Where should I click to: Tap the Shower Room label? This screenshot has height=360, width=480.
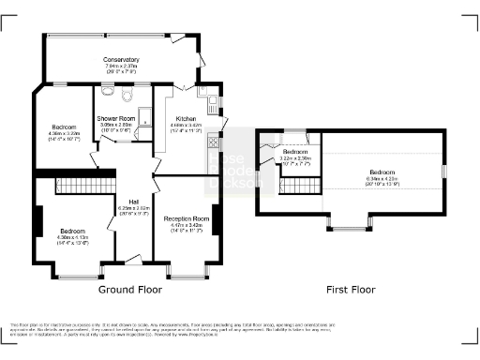point(117,118)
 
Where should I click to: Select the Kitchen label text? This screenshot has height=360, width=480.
point(185,118)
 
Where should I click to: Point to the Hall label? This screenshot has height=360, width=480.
point(135,202)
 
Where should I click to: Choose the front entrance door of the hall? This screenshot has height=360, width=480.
point(134,259)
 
